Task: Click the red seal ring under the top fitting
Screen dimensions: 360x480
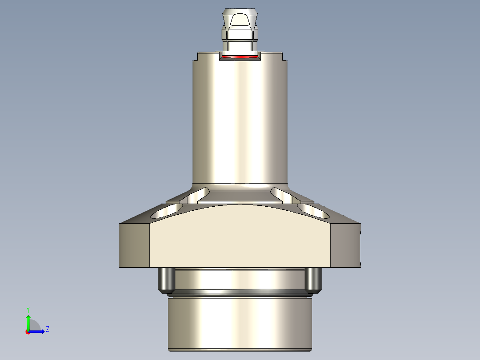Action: coord(240,57)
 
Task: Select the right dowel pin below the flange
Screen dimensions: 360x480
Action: coord(313,279)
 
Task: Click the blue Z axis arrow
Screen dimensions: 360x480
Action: coord(38,331)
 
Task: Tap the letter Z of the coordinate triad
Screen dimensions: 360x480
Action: coord(48,329)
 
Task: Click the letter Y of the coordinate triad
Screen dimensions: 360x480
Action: coord(28,309)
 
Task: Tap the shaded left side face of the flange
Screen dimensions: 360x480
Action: coord(134,245)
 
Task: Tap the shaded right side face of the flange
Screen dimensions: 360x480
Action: coord(345,245)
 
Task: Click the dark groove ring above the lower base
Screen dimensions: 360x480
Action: coord(240,293)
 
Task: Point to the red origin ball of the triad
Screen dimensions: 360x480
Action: coord(28,332)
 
